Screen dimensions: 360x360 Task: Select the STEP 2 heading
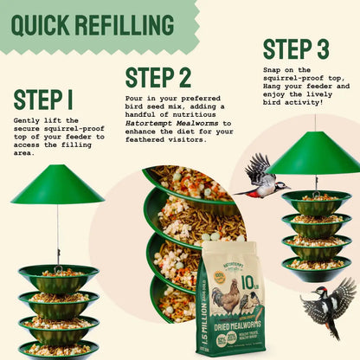157,78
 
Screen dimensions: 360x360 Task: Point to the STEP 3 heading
296,49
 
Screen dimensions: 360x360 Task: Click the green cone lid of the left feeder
58,186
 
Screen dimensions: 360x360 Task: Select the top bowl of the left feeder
58,279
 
